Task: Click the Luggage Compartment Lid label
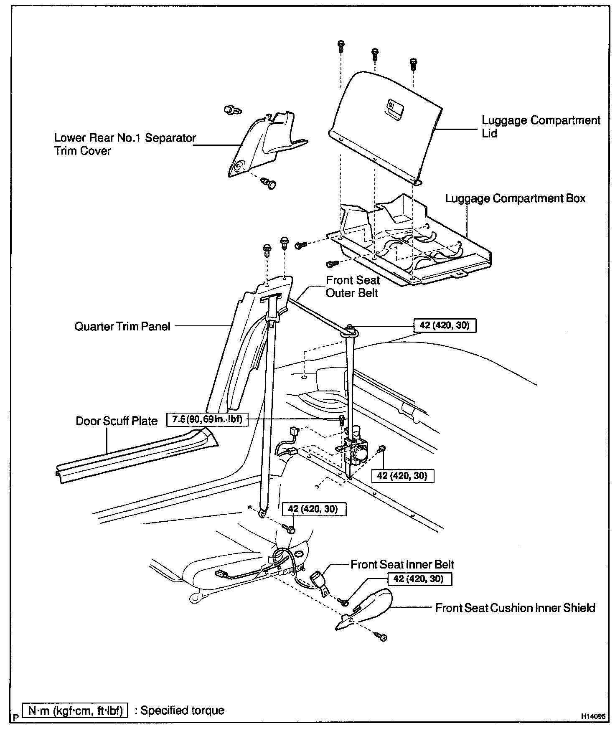[x=541, y=127]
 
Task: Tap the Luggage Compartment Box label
[x=515, y=198]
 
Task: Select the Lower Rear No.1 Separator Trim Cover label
[x=125, y=144]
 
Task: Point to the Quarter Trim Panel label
[x=122, y=326]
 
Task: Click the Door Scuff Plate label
[x=117, y=421]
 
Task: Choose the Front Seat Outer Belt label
[x=352, y=287]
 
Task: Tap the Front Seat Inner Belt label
[x=402, y=565]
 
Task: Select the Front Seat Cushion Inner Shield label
[x=515, y=608]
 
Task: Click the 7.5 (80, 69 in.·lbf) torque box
[x=207, y=419]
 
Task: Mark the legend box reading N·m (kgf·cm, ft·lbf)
[x=75, y=711]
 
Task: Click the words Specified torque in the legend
[x=183, y=711]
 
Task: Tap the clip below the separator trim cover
[x=269, y=183]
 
